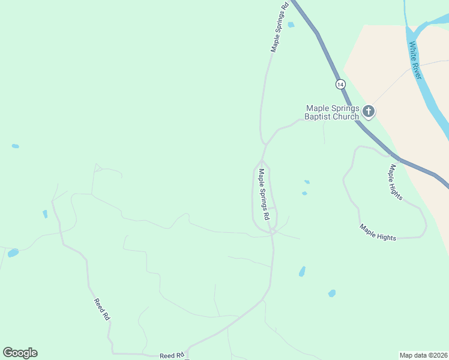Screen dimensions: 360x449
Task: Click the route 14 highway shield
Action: [340, 84]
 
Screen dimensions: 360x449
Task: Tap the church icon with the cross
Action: [368, 111]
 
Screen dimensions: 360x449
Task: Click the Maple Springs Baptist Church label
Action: [331, 112]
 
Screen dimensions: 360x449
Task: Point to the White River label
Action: [416, 61]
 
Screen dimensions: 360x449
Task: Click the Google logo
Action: [20, 352]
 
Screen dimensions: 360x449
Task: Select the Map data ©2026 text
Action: [423, 355]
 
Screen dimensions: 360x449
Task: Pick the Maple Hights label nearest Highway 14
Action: [394, 182]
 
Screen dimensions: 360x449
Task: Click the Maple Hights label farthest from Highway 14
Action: [378, 233]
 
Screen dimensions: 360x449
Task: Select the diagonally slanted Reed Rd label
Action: [102, 310]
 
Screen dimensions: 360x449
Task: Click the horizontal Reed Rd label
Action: [171, 356]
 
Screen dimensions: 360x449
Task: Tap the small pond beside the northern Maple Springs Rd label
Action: [291, 25]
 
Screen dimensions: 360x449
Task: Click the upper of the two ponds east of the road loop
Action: [307, 182]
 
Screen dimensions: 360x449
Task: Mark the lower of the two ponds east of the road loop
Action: [304, 193]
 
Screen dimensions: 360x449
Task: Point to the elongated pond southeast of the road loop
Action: [302, 271]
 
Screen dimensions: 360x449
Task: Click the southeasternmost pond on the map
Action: [331, 293]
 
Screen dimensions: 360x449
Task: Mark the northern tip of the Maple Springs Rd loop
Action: [261, 162]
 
